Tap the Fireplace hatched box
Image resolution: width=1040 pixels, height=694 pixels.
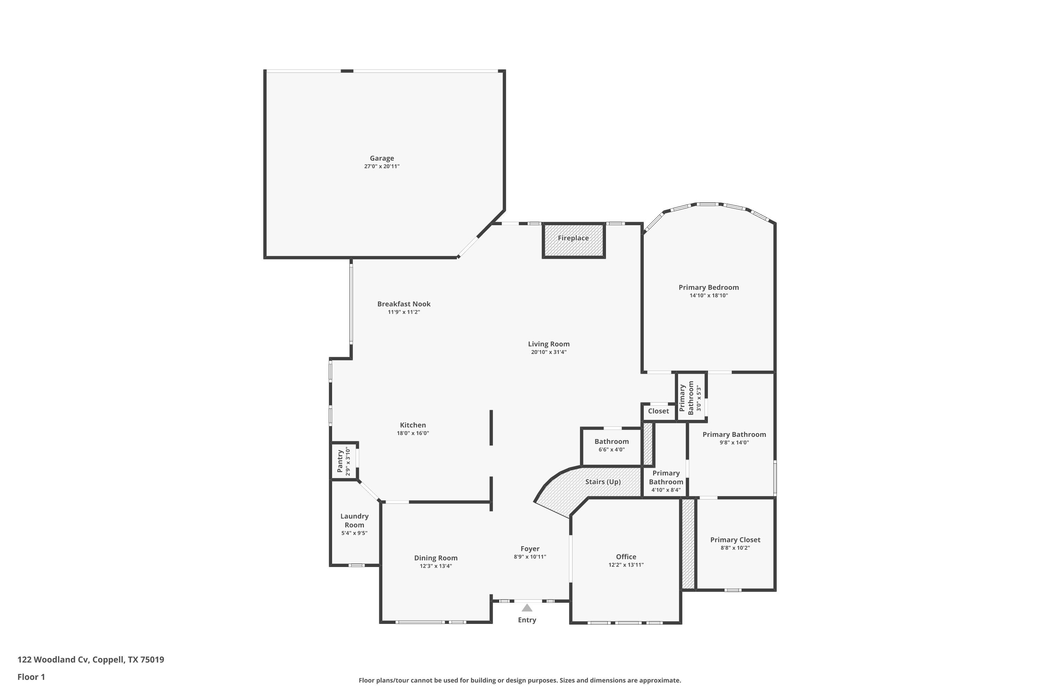pyautogui.click(x=573, y=240)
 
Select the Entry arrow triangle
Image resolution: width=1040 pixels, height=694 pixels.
pyautogui.click(x=527, y=608)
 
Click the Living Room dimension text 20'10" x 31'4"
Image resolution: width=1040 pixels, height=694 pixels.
pyautogui.click(x=549, y=352)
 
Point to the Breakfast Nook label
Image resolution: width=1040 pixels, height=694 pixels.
pyautogui.click(x=404, y=304)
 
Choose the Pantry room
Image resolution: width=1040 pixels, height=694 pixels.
pyautogui.click(x=345, y=460)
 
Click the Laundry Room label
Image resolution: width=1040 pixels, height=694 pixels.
pyautogui.click(x=354, y=520)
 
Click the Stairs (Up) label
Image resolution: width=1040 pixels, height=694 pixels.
pyautogui.click(x=603, y=482)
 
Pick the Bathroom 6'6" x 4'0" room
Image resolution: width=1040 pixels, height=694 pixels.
pyautogui.click(x=612, y=447)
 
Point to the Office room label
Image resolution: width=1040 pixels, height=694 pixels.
pyautogui.click(x=626, y=557)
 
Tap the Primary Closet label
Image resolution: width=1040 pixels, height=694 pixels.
pyautogui.click(x=735, y=540)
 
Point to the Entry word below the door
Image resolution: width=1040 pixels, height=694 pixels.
pyautogui.click(x=527, y=620)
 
